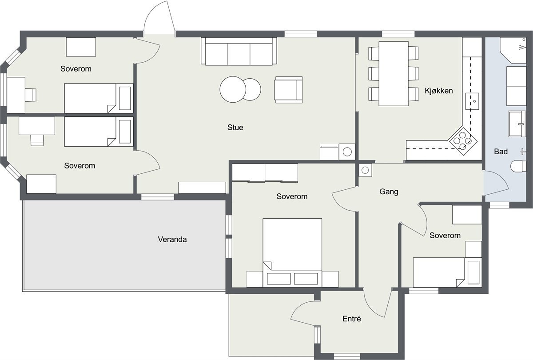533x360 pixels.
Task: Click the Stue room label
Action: coord(235,128)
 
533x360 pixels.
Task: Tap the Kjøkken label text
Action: coord(438,91)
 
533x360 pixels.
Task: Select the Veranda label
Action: coord(172,239)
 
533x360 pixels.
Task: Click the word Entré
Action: coord(351,319)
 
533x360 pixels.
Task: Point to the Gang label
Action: coord(389,192)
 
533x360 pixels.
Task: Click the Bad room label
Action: coord(501,152)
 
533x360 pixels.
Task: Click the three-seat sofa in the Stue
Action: coord(239,52)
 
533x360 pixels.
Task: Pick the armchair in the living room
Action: coord(288,89)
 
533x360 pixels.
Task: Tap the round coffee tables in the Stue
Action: coord(240,89)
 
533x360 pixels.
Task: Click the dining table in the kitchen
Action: coord(394,74)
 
